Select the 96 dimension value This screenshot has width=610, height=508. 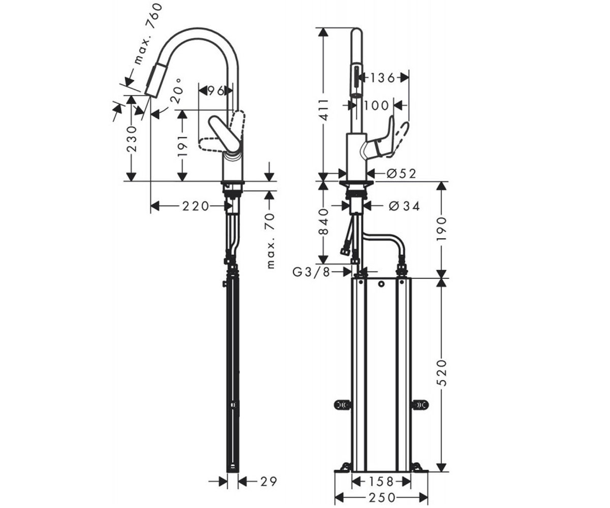[x=216, y=91]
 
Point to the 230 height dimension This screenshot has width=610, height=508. [x=132, y=139]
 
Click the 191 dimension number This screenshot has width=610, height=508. [x=182, y=145]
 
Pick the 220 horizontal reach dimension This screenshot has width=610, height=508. [x=196, y=206]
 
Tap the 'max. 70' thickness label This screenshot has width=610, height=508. [x=270, y=240]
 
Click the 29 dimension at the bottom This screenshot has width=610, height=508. [x=268, y=482]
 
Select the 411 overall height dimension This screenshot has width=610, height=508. [x=324, y=110]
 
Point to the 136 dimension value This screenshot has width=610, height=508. [x=382, y=78]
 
